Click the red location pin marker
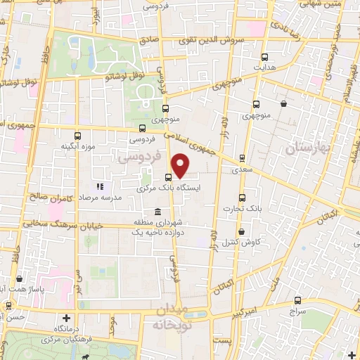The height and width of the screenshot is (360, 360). [x=181, y=165]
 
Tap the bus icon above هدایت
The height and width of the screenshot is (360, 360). [x=265, y=58]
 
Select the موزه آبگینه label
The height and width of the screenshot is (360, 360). [x=77, y=146]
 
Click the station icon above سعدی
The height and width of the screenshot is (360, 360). [x=243, y=158]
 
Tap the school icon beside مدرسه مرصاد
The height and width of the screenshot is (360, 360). [x=99, y=187]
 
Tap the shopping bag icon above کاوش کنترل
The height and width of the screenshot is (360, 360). [x=241, y=231]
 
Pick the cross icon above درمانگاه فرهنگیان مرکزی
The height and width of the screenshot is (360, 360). [x=67, y=318]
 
